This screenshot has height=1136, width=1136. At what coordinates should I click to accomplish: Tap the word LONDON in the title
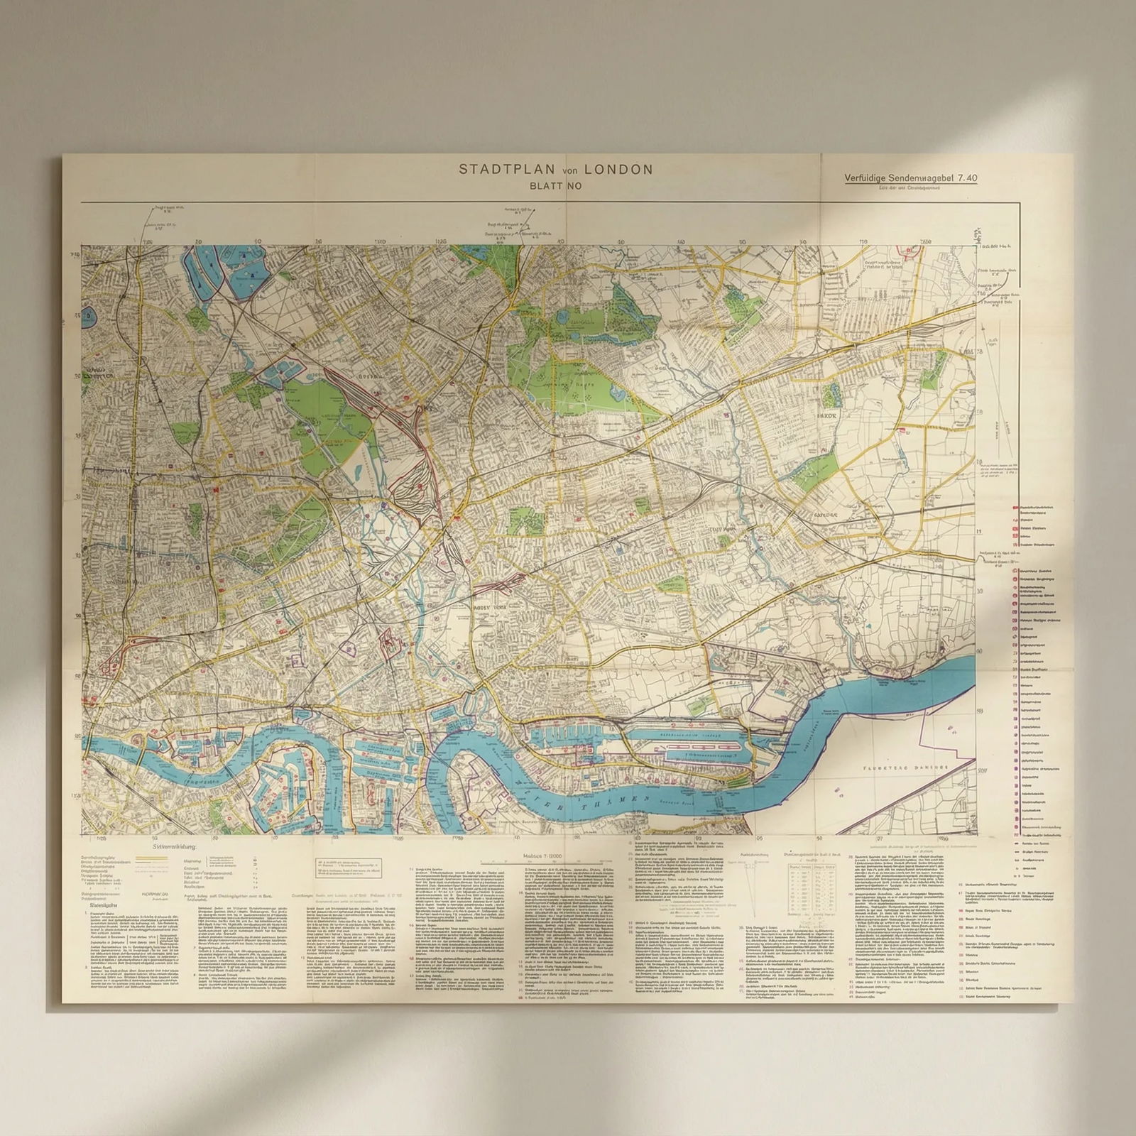pyautogui.click(x=617, y=169)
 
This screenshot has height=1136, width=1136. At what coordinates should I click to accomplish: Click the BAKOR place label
pyautogui.click(x=827, y=416)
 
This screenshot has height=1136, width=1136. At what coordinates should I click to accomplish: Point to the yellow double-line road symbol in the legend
pyautogui.click(x=151, y=858)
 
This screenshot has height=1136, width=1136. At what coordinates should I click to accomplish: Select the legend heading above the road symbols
pyautogui.click(x=175, y=846)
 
